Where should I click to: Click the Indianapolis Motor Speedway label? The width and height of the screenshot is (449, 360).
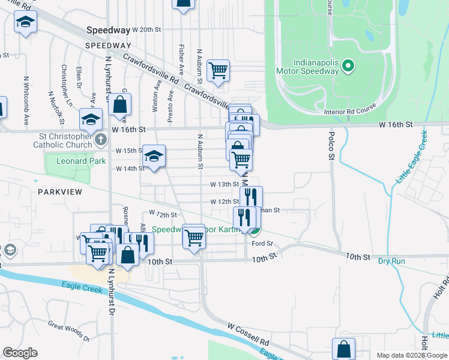coord(316,66)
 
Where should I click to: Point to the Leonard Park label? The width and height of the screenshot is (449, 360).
coord(80,161)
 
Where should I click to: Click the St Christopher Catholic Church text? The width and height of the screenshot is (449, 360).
coord(63,140)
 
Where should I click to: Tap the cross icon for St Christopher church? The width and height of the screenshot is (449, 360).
coord(100,139)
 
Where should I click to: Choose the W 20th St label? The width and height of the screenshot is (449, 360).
coord(147,29)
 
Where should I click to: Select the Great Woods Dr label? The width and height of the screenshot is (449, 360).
coord(68,332)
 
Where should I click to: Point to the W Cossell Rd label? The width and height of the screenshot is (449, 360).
coord(248,334)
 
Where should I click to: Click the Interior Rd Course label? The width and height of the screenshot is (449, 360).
coord(349,112)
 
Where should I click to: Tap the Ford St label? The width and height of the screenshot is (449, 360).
coord(262,244)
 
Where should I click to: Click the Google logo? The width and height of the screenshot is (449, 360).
coord(20,353)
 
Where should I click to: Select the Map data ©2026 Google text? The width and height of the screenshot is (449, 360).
coord(412,355)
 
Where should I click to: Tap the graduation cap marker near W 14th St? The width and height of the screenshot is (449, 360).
coord(154,157)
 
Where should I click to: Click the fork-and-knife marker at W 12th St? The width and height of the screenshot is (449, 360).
coord(251,196)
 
